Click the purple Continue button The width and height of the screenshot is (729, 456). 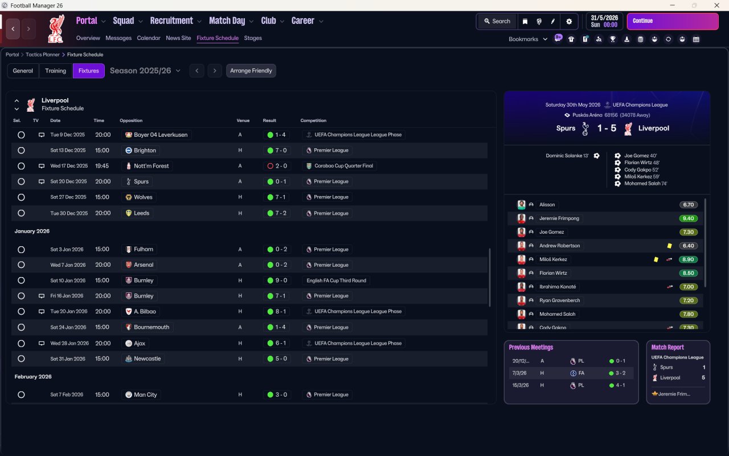(672, 21)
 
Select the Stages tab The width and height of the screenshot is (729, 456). (253, 38)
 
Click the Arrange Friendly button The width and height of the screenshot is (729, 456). (251, 71)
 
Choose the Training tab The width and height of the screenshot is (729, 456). (56, 71)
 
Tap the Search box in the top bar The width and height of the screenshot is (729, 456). (497, 21)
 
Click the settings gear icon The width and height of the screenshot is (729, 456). (568, 21)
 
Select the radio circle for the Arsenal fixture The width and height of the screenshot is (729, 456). (21, 265)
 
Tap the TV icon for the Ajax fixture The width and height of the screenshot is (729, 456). (42, 344)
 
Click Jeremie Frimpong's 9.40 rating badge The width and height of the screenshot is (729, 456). (688, 218)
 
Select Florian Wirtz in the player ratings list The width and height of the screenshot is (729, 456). (553, 273)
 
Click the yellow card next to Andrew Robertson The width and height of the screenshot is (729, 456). (669, 246)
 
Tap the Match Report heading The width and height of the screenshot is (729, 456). (667, 347)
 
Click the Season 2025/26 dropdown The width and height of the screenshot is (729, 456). (145, 71)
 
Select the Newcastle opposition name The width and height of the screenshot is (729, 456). (147, 359)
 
